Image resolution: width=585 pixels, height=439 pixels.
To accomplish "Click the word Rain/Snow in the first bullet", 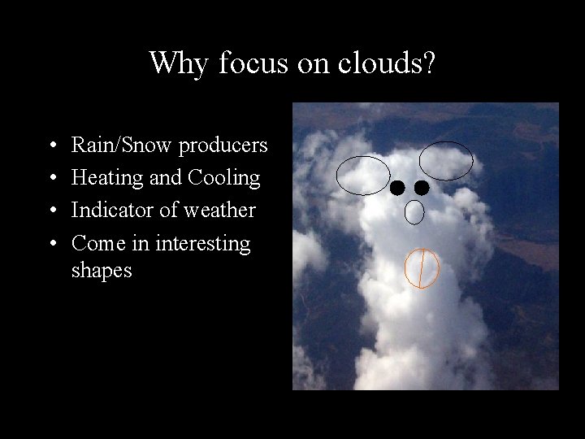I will [x=123, y=146].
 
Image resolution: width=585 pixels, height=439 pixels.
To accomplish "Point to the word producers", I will [x=223, y=146].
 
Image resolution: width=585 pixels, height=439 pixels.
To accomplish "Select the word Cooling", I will [x=224, y=178].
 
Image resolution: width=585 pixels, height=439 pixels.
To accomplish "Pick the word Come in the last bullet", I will [x=93, y=243].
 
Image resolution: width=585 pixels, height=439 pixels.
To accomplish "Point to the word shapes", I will [x=102, y=270].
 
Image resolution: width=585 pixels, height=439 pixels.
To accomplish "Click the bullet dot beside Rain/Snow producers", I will [x=52, y=146].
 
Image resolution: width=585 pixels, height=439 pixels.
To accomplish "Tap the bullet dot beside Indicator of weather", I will [x=52, y=211].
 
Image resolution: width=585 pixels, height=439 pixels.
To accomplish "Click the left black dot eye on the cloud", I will [x=396, y=189].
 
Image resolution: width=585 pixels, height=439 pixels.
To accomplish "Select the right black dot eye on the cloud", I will [x=422, y=188].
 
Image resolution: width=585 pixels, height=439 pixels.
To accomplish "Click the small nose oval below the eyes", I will [x=414, y=212].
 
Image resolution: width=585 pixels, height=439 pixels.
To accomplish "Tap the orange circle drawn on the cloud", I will [x=422, y=268].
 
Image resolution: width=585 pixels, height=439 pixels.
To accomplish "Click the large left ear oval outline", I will [x=363, y=176].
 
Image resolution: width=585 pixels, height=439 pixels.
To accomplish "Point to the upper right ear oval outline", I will [x=446, y=160].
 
